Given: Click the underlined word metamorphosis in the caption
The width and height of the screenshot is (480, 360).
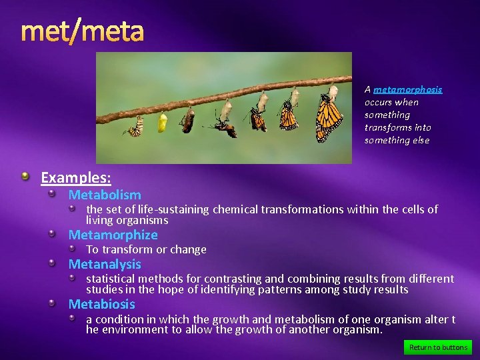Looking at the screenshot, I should [407, 89].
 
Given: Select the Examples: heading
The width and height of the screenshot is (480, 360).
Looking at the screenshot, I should [75, 178].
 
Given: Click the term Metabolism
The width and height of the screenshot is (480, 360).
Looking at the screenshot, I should [105, 195].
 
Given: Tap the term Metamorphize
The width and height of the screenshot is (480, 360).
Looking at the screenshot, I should [113, 235].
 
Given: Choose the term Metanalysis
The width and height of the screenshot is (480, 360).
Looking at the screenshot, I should [105, 265].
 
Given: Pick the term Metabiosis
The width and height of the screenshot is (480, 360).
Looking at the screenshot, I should [101, 305].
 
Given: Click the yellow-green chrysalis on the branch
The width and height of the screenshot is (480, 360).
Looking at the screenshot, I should [162, 123].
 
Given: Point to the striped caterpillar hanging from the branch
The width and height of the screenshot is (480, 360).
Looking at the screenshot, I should [136, 127].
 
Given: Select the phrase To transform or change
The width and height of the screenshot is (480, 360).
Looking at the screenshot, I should [146, 250].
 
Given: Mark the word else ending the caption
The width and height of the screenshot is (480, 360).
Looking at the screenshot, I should [421, 141].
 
